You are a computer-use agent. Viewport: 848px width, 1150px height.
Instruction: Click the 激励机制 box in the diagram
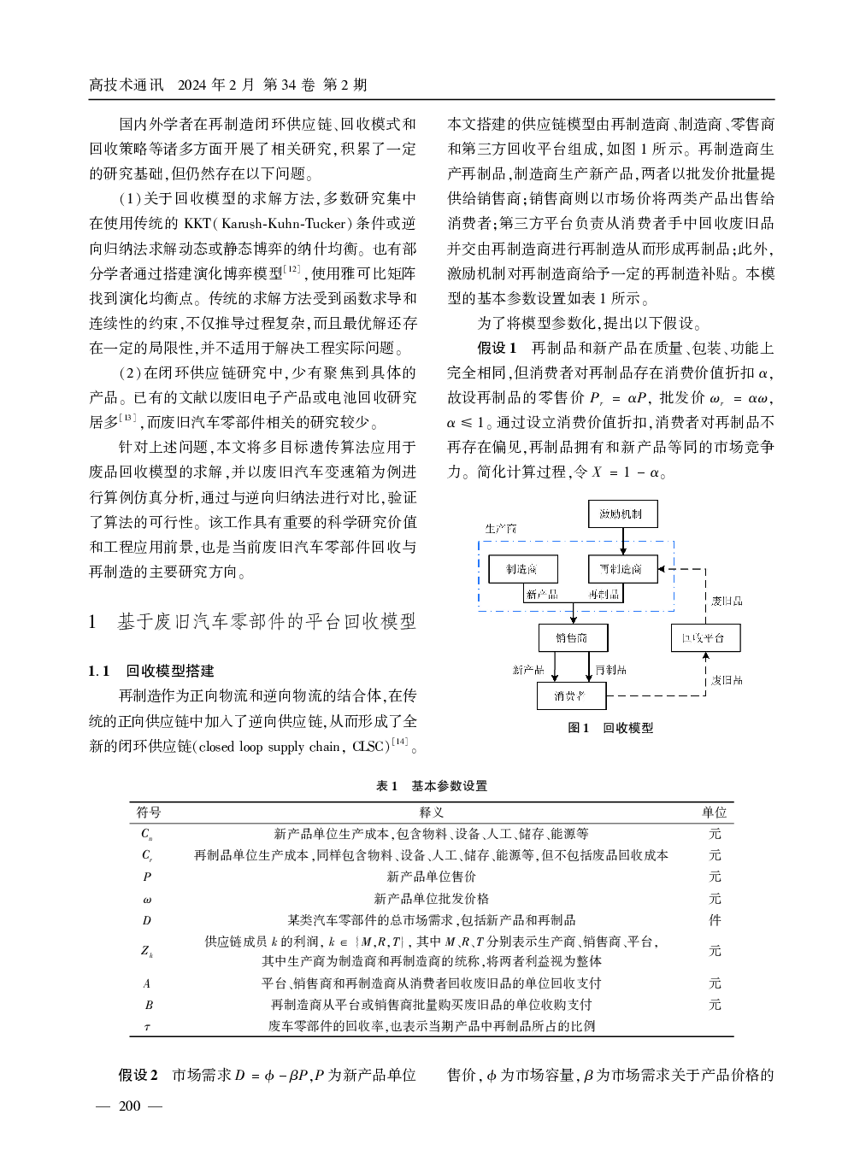[x=621, y=514]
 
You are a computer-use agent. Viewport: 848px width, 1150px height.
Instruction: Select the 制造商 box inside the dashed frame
[x=521, y=569]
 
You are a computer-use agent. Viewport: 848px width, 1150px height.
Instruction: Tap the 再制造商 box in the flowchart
[x=621, y=569]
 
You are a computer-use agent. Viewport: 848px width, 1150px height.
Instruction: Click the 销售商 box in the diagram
[x=572, y=638]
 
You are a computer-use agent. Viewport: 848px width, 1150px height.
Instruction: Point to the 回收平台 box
[x=704, y=638]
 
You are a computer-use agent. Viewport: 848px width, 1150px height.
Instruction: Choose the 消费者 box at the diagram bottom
[x=571, y=696]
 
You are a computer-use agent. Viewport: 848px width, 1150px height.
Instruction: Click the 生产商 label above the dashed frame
[x=501, y=529]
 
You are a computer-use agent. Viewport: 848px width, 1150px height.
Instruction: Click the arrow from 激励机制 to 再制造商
[x=623, y=542]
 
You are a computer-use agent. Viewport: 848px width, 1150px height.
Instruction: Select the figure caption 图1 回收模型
[x=610, y=728]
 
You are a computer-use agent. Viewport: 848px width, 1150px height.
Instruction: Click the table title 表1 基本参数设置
[x=431, y=786]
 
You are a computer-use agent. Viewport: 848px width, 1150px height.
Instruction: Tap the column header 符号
[x=149, y=813]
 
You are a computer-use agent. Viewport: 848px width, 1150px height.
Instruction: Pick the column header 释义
[x=431, y=813]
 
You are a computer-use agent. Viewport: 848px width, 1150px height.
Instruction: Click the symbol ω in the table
[x=147, y=899]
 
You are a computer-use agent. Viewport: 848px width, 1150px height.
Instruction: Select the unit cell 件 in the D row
[x=715, y=920]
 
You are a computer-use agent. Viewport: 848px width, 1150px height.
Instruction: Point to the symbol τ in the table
[x=147, y=1026]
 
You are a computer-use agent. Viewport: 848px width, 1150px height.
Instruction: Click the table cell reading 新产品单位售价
[x=431, y=877]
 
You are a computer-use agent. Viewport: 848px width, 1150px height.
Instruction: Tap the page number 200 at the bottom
[x=130, y=1106]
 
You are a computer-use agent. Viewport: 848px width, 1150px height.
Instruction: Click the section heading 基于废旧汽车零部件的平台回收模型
[x=266, y=622]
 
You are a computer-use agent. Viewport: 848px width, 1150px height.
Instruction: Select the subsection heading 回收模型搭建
[x=170, y=672]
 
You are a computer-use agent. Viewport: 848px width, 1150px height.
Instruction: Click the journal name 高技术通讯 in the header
[x=127, y=85]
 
